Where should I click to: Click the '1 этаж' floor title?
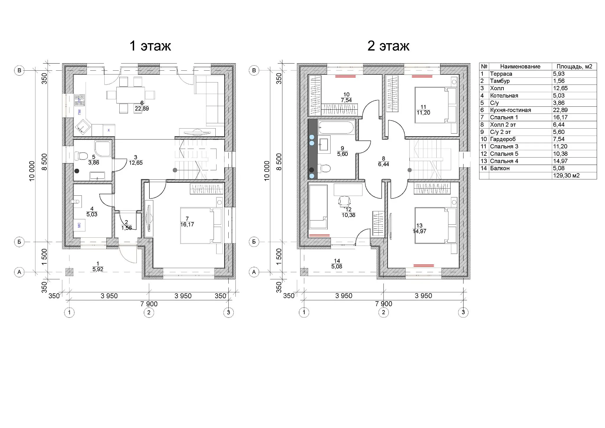[x=150, y=46]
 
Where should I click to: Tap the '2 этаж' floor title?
[x=388, y=46]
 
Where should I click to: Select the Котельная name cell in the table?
[x=504, y=95]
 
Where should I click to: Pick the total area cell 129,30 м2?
[x=566, y=176]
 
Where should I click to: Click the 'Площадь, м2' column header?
[x=574, y=67]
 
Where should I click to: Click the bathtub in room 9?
[x=336, y=127]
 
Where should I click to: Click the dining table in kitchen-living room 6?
[x=131, y=95]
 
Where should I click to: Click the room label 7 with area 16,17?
[x=187, y=222]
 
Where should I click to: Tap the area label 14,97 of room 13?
[x=419, y=231]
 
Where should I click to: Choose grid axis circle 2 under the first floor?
[x=149, y=312]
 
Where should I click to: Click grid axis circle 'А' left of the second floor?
[x=254, y=272]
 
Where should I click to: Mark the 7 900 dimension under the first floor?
[x=149, y=304]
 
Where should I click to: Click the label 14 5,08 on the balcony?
[x=337, y=264]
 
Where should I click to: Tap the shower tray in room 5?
[x=103, y=150]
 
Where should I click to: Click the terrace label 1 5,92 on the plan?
[x=98, y=266]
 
